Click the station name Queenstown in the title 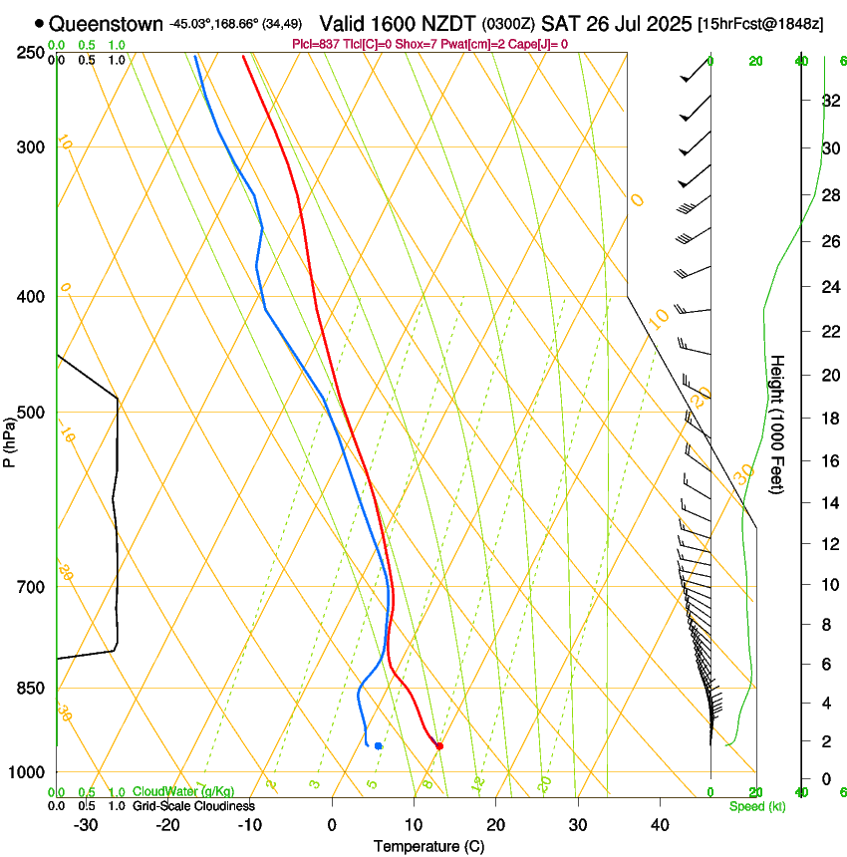(106, 23)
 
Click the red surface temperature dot (439, 745)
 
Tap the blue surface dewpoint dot (378, 745)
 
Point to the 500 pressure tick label (32, 413)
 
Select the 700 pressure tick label (32, 586)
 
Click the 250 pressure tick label (32, 52)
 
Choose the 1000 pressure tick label (28, 772)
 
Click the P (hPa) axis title (9, 439)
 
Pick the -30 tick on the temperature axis (86, 825)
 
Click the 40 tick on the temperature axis (660, 825)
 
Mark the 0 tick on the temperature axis (332, 825)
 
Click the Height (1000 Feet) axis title (778, 425)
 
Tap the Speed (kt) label (757, 806)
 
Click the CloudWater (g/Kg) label (183, 792)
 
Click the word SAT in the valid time (561, 23)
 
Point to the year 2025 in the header (669, 23)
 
